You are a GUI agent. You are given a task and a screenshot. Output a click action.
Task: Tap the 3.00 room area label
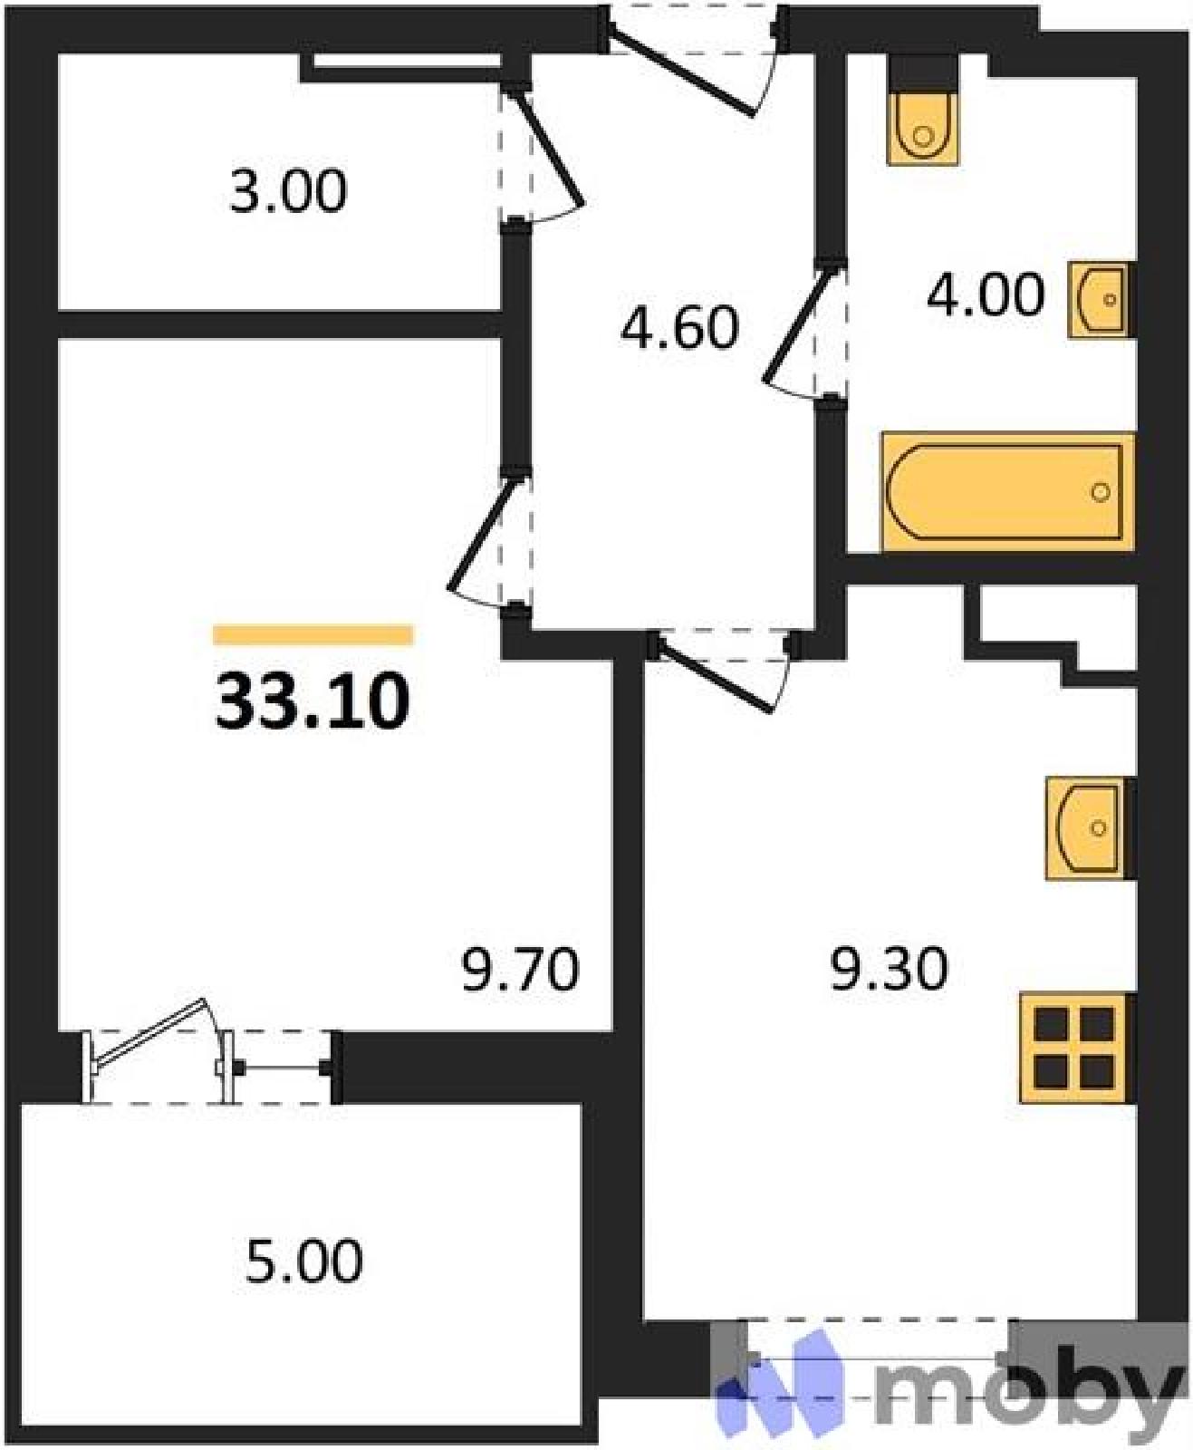click(x=289, y=192)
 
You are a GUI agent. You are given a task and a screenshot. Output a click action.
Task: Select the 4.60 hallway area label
click(x=679, y=328)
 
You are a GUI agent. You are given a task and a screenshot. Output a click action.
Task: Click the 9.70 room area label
click(x=520, y=970)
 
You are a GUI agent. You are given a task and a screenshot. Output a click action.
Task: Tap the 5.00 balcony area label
click(x=303, y=1261)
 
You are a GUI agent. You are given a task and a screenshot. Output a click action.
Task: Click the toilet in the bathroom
click(x=923, y=128)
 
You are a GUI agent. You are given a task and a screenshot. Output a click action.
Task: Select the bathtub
click(x=1007, y=491)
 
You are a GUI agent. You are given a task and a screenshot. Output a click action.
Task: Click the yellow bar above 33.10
click(x=313, y=634)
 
